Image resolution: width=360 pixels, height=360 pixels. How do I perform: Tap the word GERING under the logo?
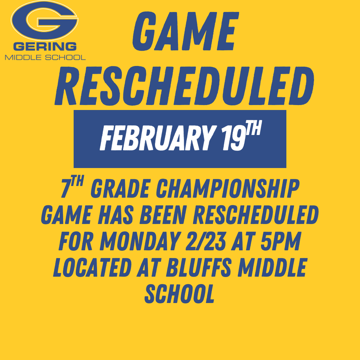[x=45, y=46]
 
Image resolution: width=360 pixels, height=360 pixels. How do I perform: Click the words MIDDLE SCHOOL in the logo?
[x=45, y=57]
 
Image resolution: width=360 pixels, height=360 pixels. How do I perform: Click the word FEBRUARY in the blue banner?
[x=155, y=139]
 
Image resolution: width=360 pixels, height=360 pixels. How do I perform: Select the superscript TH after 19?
[x=253, y=130]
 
